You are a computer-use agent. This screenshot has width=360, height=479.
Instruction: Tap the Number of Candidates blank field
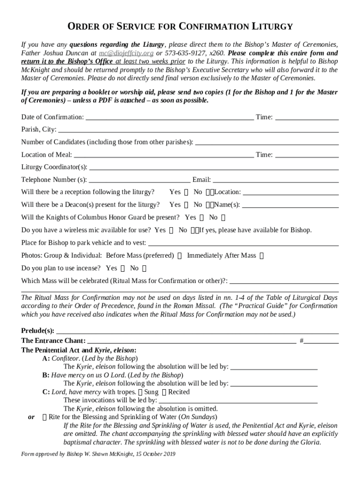click(266, 142)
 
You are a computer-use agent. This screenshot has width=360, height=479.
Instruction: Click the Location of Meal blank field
click(164, 155)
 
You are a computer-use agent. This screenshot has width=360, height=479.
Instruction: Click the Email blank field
click(275, 180)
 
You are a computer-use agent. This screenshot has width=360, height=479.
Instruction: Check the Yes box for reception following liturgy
click(187, 192)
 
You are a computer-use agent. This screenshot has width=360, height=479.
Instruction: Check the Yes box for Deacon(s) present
click(187, 205)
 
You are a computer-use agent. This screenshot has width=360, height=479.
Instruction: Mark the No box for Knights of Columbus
click(223, 218)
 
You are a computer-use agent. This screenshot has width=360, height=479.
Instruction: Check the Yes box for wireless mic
click(171, 230)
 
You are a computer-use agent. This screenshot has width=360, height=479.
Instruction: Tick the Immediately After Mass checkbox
click(261, 256)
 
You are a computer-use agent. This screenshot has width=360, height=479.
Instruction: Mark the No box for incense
click(144, 269)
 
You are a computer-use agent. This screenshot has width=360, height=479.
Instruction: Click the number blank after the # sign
click(322, 341)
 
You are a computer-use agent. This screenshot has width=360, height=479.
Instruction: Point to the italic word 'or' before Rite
click(31, 417)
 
